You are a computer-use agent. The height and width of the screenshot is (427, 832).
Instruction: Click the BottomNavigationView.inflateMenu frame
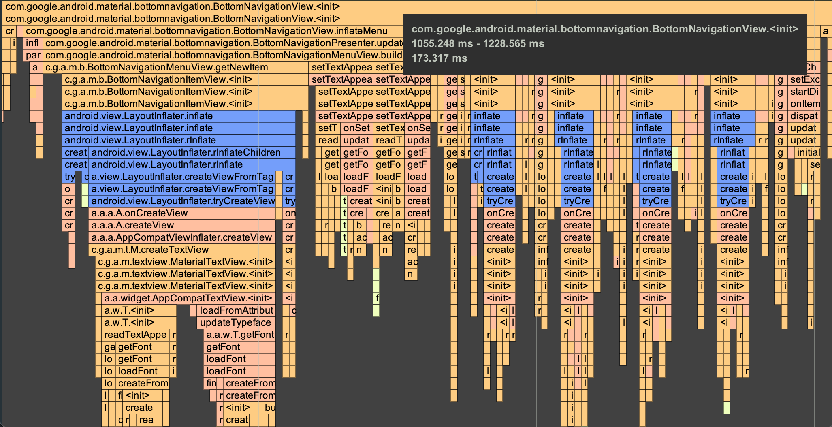tap(207, 31)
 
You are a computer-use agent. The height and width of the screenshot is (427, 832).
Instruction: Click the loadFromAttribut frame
tap(236, 311)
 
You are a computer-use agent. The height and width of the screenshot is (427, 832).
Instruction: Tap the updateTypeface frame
tap(236, 323)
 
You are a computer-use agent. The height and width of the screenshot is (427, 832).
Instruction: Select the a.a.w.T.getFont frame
tap(239, 335)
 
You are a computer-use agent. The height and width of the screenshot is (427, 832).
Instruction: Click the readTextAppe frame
tap(135, 335)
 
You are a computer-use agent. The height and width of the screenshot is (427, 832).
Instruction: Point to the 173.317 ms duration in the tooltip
tap(439, 58)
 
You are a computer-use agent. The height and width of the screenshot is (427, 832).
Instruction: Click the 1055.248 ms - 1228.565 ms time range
tap(478, 44)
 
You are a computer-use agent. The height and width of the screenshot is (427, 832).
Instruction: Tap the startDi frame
tap(804, 92)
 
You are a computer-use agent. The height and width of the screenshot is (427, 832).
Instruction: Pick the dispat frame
tap(804, 116)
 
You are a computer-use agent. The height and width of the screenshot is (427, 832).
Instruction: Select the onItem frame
tap(804, 104)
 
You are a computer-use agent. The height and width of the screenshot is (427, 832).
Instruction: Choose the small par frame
tap(33, 56)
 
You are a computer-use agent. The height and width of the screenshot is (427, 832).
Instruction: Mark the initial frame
tap(808, 153)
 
